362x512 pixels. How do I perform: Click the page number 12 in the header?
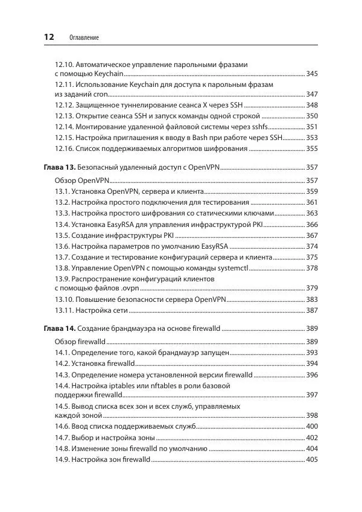tap(48, 37)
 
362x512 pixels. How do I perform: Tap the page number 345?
tap(312, 74)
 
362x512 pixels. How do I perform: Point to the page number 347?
tap(312, 94)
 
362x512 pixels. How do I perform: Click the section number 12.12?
tap(65, 105)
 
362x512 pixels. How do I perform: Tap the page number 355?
tap(312, 149)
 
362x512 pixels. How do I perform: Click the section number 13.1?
tap(62, 191)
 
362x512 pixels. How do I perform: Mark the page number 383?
tap(312, 299)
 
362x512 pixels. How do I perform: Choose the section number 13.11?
tap(65, 310)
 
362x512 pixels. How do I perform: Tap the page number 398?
tap(312, 415)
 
